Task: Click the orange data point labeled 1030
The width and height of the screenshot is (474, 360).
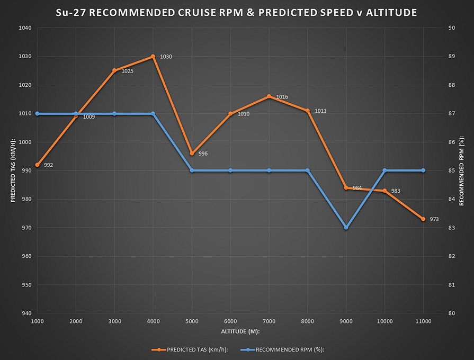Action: click(153, 57)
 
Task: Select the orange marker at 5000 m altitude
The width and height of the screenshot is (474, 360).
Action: click(192, 154)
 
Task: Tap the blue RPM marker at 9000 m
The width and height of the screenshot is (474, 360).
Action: click(346, 228)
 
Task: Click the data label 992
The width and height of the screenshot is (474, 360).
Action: click(48, 165)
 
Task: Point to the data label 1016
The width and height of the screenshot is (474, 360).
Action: click(282, 97)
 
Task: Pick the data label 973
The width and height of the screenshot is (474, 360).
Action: click(434, 219)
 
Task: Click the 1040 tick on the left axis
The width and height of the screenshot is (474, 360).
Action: click(25, 28)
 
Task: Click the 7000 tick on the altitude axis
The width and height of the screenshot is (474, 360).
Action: click(269, 321)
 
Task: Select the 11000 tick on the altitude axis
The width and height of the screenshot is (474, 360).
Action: click(423, 321)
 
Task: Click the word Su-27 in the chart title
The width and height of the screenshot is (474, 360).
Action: click(72, 12)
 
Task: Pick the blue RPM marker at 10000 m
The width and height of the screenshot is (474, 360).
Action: click(384, 170)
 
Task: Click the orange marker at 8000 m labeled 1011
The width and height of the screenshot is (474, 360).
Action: click(308, 111)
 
